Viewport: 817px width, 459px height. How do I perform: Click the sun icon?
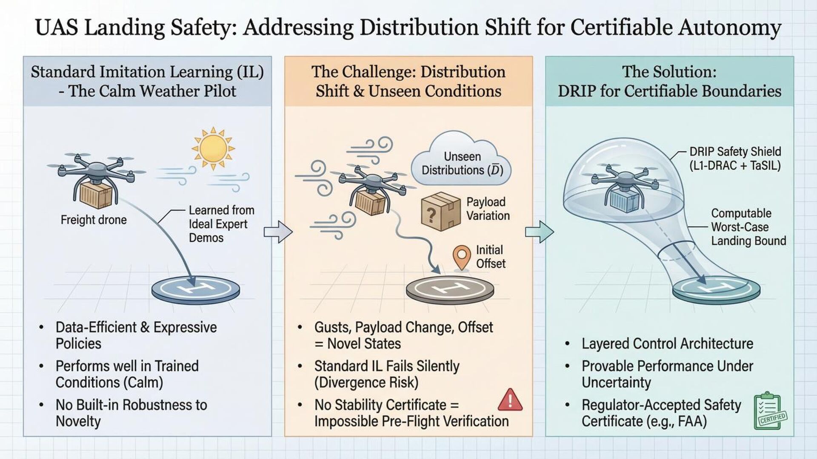[213, 148]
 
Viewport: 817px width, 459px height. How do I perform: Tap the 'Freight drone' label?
[94, 220]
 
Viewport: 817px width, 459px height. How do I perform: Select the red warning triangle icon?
[510, 399]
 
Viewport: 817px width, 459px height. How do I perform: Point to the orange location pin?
[461, 256]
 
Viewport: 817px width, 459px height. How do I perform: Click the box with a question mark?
[440, 211]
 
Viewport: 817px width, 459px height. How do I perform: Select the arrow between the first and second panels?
[278, 232]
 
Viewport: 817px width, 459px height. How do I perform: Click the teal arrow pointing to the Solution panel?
[539, 232]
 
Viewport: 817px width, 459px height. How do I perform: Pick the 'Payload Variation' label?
[488, 209]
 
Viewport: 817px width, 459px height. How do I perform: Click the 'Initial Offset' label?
[490, 257]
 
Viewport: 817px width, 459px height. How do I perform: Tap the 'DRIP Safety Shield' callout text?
[735, 159]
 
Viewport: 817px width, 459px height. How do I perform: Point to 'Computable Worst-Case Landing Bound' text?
[748, 227]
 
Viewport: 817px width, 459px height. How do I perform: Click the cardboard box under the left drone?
[96, 195]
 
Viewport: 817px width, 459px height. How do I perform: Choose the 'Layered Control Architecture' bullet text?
[667, 343]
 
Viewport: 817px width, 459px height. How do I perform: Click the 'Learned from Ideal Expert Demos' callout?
[221, 224]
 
